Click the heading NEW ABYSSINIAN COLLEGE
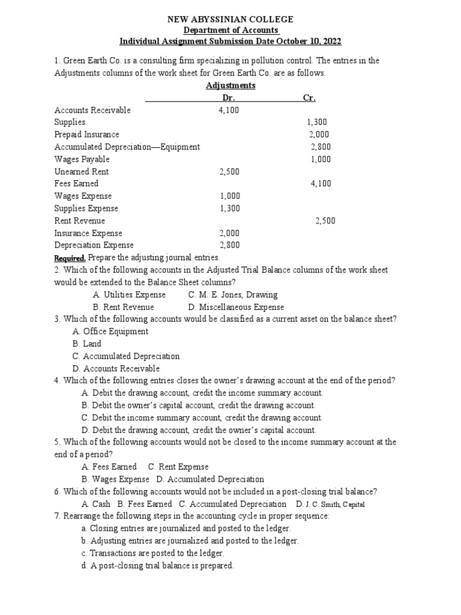point(230,20)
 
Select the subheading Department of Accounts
point(230,31)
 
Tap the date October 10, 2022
point(304,41)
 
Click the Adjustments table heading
point(230,85)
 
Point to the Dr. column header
point(229,98)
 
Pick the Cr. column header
point(309,98)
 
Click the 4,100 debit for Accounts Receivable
point(229,110)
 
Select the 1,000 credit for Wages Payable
point(321,159)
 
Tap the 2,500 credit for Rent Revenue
point(325,220)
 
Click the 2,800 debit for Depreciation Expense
point(229,245)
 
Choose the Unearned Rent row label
point(82,171)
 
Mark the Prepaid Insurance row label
point(87,135)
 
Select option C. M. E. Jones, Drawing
point(232,294)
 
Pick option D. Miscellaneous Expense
point(236,307)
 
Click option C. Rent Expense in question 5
point(178,467)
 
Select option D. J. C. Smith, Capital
point(330,504)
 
